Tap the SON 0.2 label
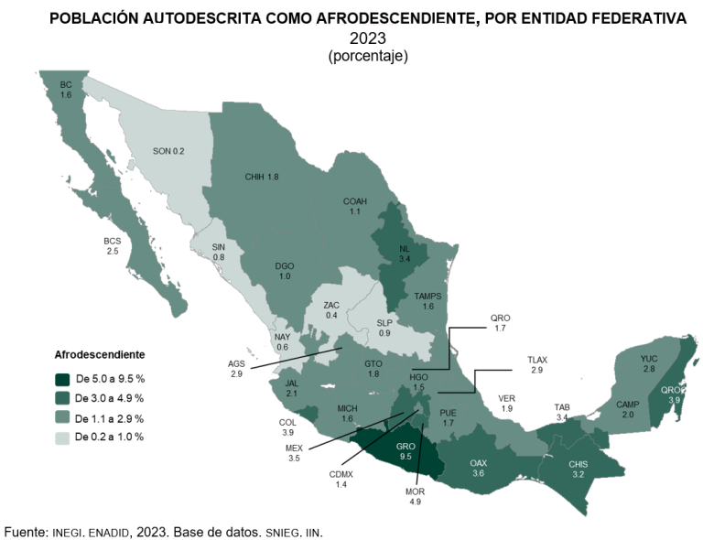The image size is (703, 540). tap(168, 150)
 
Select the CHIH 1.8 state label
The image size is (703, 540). tap(261, 177)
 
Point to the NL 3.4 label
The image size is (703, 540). tap(404, 253)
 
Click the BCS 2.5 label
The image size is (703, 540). tap(113, 246)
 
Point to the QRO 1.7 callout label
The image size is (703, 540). tap(500, 322)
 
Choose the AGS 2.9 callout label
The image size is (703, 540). tap(236, 369)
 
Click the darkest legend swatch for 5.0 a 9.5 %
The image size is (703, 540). tap(62, 379)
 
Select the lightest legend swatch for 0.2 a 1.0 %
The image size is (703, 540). tap(62, 437)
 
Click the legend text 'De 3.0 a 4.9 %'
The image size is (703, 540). tap(110, 398)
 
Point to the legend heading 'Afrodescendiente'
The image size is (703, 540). tap(100, 353)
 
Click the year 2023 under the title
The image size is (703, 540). tap(367, 39)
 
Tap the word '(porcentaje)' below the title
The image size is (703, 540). tap(367, 56)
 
